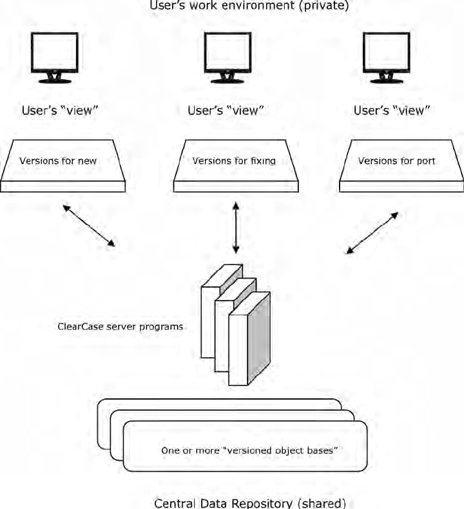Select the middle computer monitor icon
(227, 56)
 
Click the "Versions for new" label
(58, 160)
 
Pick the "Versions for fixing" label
(234, 160)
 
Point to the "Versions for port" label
(396, 160)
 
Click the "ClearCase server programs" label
(121, 327)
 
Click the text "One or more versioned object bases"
(250, 450)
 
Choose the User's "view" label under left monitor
(60, 110)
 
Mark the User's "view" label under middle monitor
(226, 110)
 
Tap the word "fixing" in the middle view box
(263, 160)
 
